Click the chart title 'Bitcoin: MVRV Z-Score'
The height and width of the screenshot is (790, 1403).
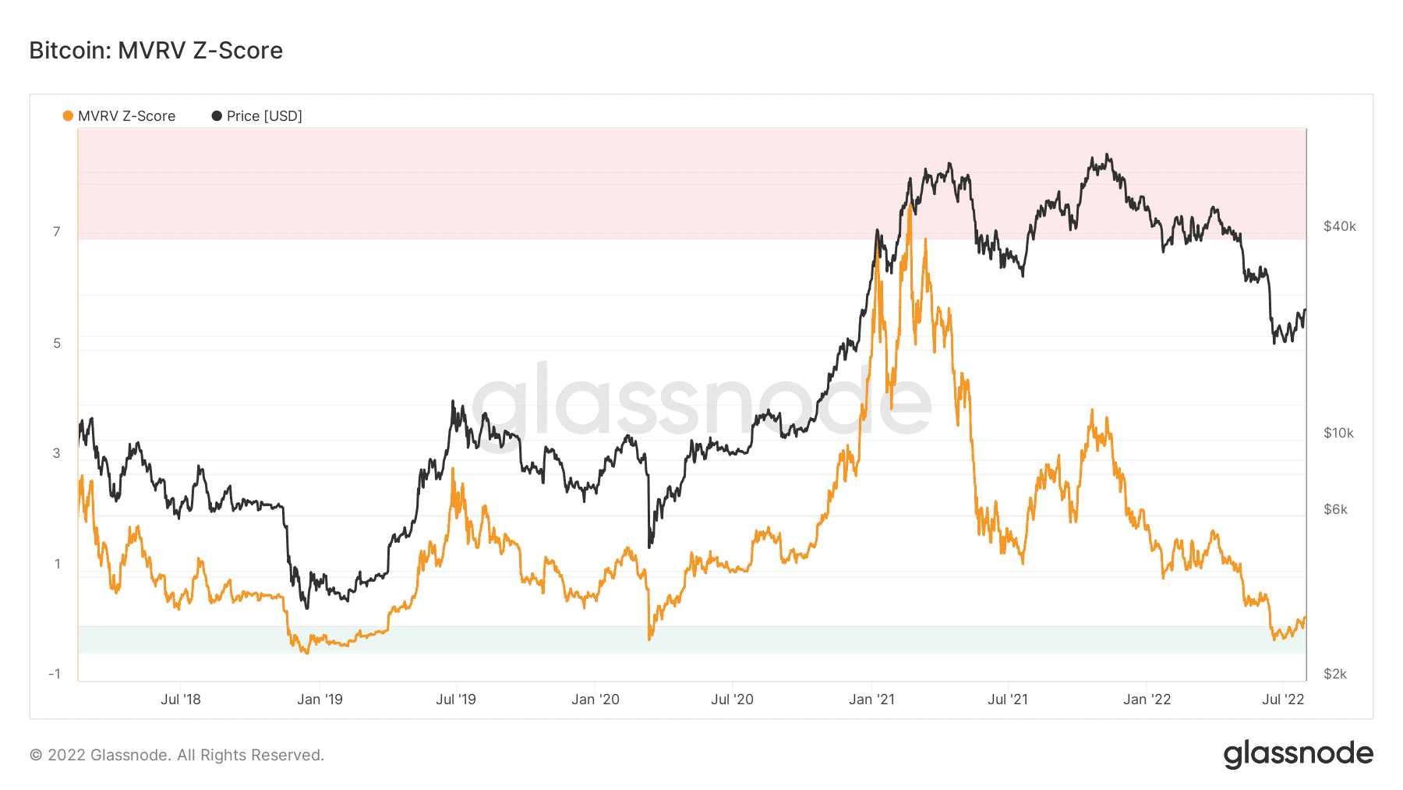click(156, 51)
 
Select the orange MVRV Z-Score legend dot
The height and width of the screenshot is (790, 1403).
click(68, 116)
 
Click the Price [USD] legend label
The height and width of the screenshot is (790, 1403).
click(264, 116)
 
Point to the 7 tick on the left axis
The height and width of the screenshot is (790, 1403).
click(57, 232)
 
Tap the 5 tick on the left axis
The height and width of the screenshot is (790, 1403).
click(57, 343)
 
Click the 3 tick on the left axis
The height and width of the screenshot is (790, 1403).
click(57, 453)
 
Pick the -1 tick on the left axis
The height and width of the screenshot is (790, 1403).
click(55, 674)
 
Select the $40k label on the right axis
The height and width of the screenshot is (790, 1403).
click(1340, 226)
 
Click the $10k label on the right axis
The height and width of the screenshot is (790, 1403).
click(1339, 433)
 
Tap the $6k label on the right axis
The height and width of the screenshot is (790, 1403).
click(1336, 509)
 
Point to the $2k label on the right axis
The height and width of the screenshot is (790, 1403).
click(1336, 674)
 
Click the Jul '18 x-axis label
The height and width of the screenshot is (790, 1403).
click(181, 700)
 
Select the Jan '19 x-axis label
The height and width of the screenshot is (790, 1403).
click(320, 700)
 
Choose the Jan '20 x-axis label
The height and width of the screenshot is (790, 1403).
click(595, 700)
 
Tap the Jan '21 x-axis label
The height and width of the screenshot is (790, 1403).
click(871, 700)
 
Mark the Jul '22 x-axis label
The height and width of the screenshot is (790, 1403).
click(1283, 700)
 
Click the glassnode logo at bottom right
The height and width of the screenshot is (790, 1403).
click(1298, 754)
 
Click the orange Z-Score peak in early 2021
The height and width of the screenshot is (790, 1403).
click(910, 206)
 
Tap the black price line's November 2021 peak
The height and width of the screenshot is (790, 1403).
click(1108, 155)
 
